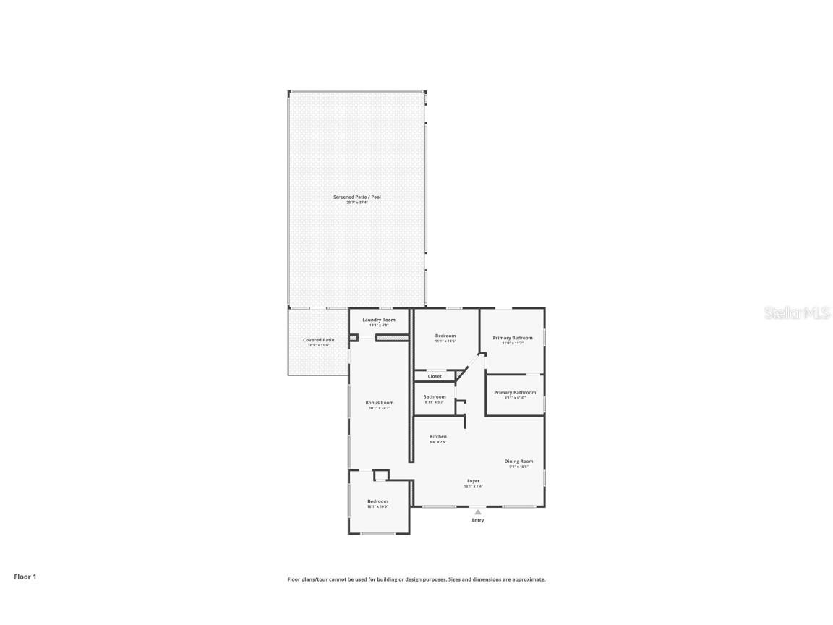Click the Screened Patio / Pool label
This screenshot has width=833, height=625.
[x=356, y=197]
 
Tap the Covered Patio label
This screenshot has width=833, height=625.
[x=318, y=340]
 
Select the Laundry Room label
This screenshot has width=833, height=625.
[x=379, y=320]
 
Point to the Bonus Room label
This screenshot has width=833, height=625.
[x=379, y=403]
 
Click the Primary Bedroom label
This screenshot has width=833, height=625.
[x=513, y=338]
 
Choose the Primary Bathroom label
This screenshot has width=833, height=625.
[x=515, y=393]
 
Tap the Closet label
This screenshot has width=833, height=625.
[x=435, y=376]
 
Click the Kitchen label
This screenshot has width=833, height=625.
[x=438, y=437]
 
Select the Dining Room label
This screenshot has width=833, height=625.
[x=518, y=462]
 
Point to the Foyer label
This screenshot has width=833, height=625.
[x=474, y=481]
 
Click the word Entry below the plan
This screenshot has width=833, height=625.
[x=478, y=520]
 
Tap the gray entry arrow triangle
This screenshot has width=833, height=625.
[x=477, y=512]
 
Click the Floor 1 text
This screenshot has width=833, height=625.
[x=25, y=577]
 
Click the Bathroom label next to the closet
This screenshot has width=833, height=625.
[x=435, y=397]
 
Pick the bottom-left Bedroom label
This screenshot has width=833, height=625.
[x=377, y=501]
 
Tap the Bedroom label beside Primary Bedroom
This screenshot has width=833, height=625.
[x=445, y=336]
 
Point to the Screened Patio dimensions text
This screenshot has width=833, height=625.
[x=356, y=203]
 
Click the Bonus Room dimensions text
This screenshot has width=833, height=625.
[x=379, y=408]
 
